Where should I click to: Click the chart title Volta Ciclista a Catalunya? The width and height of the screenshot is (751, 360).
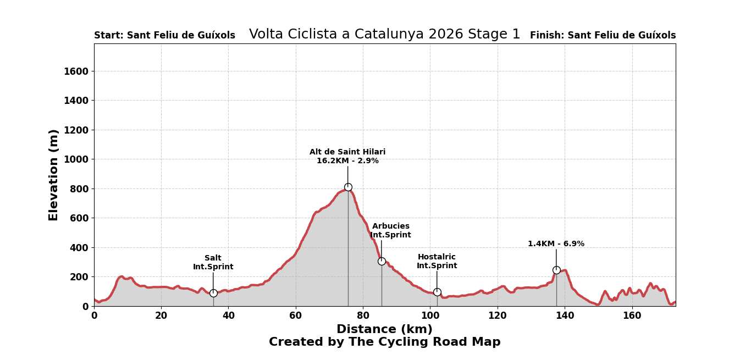click(384, 35)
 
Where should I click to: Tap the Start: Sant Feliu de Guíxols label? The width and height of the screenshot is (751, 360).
click(164, 36)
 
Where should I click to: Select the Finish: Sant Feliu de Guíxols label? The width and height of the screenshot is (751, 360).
click(603, 36)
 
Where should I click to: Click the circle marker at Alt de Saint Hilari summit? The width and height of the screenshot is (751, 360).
click(348, 187)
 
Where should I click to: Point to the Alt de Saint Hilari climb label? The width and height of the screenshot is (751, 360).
click(347, 157)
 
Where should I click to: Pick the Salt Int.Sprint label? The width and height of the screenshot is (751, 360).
click(213, 263)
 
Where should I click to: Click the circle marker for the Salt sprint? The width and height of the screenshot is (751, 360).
click(213, 293)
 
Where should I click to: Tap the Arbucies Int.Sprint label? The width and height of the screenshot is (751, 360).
click(390, 231)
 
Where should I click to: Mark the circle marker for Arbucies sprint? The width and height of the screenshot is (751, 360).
click(382, 261)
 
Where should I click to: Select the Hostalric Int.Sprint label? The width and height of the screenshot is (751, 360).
click(437, 262)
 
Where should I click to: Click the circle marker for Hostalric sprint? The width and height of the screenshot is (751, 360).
click(437, 292)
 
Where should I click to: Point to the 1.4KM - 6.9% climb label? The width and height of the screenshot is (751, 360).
click(556, 244)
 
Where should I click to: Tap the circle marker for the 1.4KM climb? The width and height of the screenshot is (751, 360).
click(556, 270)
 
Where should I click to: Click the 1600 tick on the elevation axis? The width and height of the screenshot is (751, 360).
click(76, 71)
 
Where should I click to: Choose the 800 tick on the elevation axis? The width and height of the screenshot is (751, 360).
click(79, 189)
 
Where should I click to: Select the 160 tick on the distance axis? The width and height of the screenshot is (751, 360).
click(632, 316)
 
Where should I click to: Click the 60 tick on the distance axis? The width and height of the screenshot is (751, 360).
click(296, 316)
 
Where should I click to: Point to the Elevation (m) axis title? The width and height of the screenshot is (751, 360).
click(54, 175)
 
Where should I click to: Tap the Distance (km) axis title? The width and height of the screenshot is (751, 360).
click(384, 330)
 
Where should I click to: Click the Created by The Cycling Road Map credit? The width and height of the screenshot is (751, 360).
click(384, 342)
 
